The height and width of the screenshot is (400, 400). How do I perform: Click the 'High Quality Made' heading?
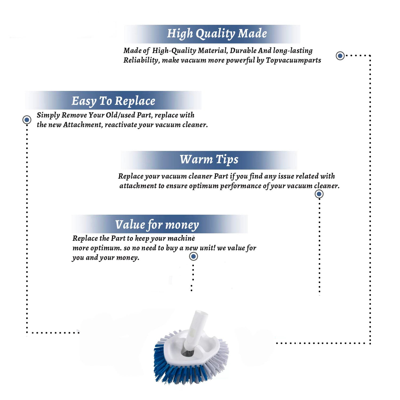pos(217,34)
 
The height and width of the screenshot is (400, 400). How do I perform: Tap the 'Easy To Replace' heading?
pos(113,101)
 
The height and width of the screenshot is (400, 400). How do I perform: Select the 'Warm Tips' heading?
pos(209,159)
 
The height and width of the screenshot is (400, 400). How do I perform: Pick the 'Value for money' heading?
pos(157,225)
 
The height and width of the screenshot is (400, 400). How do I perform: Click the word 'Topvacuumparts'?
pos(293,61)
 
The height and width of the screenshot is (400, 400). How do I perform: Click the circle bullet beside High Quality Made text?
pos(340,56)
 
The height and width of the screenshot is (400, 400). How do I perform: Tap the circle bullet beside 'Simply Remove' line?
pos(27,120)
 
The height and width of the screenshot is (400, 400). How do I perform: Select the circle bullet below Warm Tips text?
pos(319,194)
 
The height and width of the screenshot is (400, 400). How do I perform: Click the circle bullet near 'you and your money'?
pos(193,257)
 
